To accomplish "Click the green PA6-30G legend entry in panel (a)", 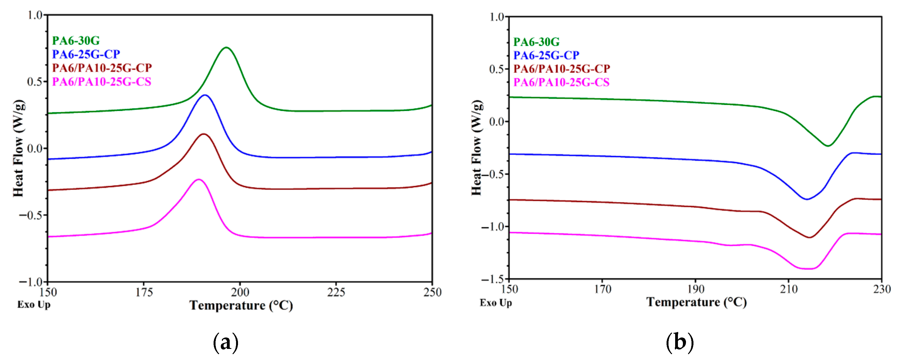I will [76, 41].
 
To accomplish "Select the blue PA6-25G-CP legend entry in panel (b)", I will [546, 55].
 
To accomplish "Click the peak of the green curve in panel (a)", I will [226, 47].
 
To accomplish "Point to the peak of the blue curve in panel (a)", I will [205, 95].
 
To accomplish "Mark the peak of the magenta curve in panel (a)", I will [199, 180].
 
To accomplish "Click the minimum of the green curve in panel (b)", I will [827, 146].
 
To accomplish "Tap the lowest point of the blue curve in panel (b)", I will [807, 199].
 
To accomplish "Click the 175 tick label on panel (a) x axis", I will [144, 292].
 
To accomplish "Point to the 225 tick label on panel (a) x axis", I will [336, 292].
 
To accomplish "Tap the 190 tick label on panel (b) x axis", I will [695, 289].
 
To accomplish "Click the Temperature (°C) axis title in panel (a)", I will [241, 306].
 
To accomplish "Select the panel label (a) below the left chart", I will [226, 343].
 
